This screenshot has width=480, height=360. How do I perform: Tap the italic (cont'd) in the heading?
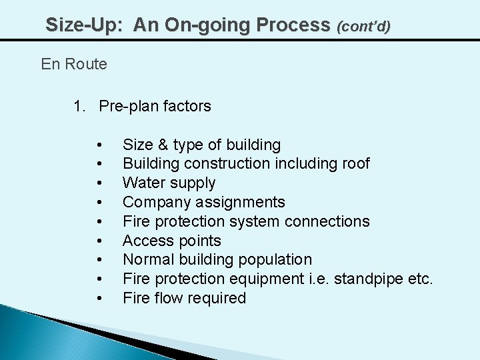(x=363, y=27)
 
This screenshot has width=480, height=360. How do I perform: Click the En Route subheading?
(x=74, y=64)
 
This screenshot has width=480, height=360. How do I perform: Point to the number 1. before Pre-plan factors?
(x=79, y=106)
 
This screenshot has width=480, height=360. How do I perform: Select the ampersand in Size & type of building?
(x=163, y=145)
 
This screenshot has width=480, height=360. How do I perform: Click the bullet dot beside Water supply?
(x=99, y=183)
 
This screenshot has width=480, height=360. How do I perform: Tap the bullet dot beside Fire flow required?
(x=99, y=298)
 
